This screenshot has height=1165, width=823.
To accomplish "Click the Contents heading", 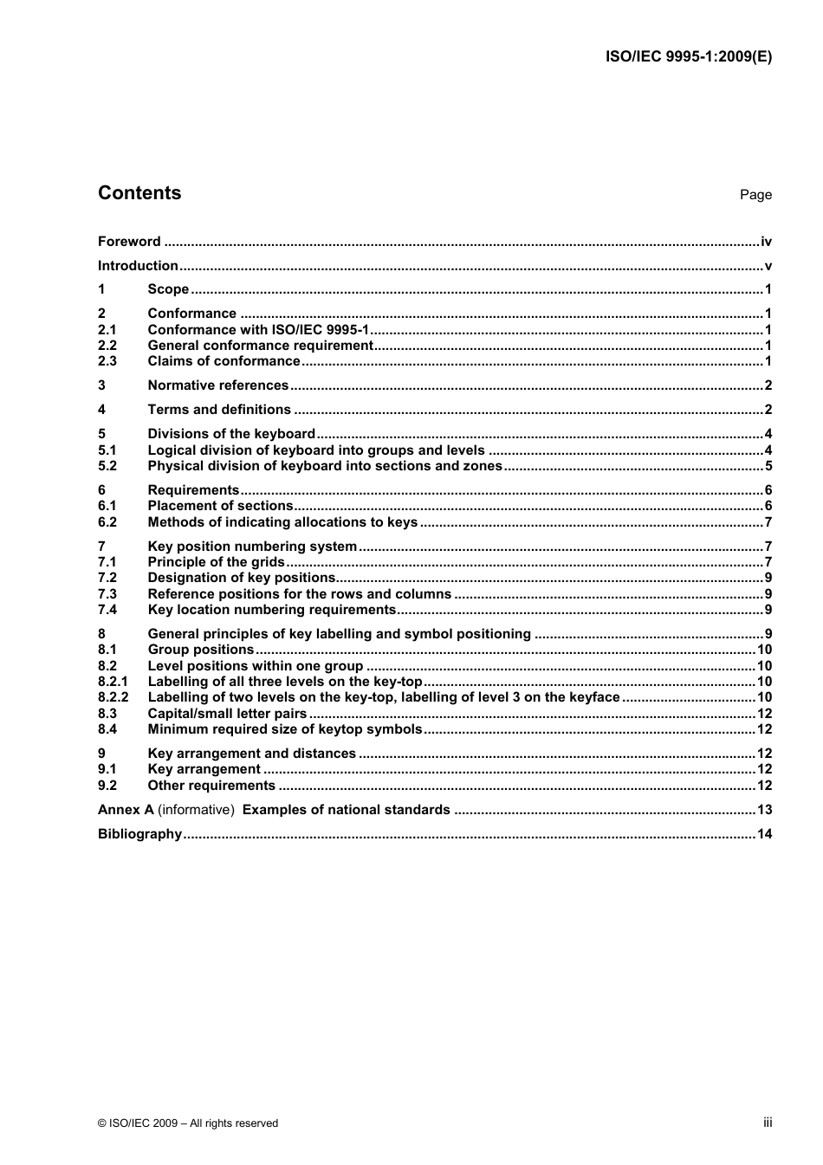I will (x=139, y=193).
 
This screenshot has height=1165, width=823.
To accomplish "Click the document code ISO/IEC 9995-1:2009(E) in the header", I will (x=687, y=57).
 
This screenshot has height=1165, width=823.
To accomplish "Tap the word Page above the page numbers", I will (x=755, y=195).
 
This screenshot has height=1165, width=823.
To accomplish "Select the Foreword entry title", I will (x=129, y=242).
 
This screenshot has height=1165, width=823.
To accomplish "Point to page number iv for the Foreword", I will (x=766, y=242).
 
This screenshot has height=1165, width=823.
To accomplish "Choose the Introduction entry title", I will (x=138, y=266).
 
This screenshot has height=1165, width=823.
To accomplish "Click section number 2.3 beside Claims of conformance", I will (x=107, y=361).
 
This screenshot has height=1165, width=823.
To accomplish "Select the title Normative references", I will (x=218, y=385).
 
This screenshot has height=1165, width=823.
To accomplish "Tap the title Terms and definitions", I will (x=219, y=410).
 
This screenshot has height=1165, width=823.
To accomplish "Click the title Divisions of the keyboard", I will (x=231, y=434).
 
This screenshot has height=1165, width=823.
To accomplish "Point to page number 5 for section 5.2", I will (x=768, y=466).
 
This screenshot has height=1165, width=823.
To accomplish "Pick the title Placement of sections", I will (x=221, y=506).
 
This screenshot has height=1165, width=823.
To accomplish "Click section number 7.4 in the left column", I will (x=107, y=610).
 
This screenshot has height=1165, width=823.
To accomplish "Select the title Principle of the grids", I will (x=217, y=562).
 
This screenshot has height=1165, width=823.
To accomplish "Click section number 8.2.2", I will (x=113, y=697).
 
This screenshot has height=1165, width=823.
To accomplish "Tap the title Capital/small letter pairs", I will (x=227, y=714).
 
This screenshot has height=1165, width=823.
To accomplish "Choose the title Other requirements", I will (x=211, y=786).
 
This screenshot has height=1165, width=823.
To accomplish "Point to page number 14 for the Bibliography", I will (x=764, y=834).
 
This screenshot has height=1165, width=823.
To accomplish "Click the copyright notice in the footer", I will (x=188, y=1123).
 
